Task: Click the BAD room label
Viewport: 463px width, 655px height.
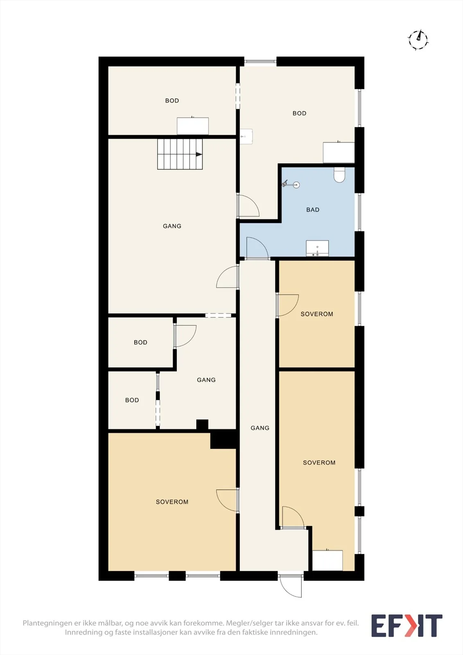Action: click(x=313, y=210)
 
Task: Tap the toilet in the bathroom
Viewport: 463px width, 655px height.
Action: click(x=339, y=174)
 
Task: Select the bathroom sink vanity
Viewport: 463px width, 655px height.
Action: click(x=317, y=248)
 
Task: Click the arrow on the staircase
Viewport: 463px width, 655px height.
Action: click(x=199, y=154)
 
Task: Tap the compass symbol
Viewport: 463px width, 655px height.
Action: click(x=418, y=39)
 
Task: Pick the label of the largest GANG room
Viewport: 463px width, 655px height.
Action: click(x=172, y=226)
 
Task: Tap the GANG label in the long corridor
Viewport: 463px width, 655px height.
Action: click(x=260, y=428)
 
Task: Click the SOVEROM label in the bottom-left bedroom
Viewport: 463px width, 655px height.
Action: click(x=172, y=502)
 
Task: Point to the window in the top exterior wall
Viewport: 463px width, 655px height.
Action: click(x=260, y=61)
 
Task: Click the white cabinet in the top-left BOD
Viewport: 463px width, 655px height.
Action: click(x=193, y=126)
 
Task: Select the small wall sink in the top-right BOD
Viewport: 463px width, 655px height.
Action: click(x=246, y=137)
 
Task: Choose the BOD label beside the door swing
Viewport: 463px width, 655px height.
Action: click(x=140, y=342)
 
